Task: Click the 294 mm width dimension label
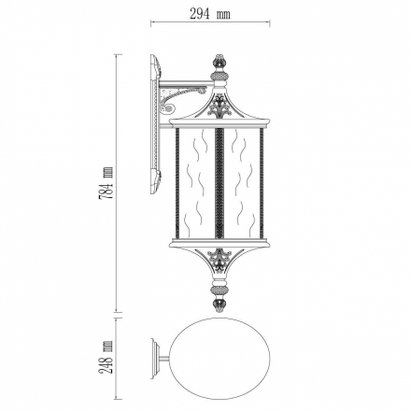210,14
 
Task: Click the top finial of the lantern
220,62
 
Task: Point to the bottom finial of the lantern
220,305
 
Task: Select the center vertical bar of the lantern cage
220,184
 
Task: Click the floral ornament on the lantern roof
220,106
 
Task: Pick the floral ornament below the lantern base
220,261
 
